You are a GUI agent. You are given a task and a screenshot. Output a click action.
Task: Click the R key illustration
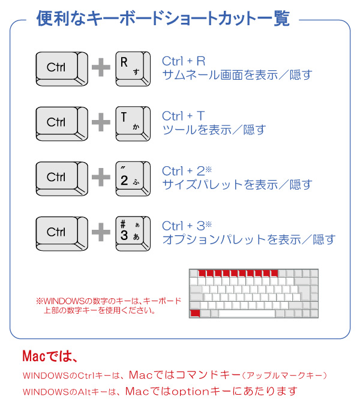tap(133, 69)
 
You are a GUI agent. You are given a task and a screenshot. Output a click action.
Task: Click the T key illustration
tap(133, 124)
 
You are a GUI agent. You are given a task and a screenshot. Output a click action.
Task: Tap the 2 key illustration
tap(133, 179)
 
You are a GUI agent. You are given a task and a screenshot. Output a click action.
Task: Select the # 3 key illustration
tap(133, 233)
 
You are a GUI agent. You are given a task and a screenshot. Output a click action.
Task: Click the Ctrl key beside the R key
tap(62, 69)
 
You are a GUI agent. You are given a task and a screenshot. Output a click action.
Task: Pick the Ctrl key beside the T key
tap(62, 124)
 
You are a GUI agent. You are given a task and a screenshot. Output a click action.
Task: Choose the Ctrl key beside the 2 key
tap(62, 179)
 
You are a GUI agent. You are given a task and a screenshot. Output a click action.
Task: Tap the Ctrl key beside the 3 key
tap(62, 233)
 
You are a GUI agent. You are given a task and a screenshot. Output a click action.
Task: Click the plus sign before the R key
tap(101, 67)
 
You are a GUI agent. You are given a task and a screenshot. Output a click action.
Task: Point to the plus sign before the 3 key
tap(101, 232)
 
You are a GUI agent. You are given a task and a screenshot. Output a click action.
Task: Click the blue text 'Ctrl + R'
tap(184, 61)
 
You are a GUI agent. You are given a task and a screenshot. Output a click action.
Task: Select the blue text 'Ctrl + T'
tap(184, 116)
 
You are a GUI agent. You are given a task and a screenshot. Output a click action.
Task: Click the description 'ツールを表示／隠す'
tap(214, 130)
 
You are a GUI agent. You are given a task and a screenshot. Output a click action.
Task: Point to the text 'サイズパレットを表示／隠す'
tap(237, 184)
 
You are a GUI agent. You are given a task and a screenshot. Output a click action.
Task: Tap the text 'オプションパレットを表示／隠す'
tap(249, 239)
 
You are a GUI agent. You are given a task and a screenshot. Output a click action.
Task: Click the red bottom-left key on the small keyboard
tap(195, 313)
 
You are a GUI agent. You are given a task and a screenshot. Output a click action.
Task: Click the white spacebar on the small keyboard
tap(247, 314)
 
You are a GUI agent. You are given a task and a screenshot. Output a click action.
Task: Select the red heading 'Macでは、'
tap(50, 356)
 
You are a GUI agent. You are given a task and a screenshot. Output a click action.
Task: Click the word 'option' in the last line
tap(190, 391)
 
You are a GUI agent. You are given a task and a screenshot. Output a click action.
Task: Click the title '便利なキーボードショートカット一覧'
tap(163, 19)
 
